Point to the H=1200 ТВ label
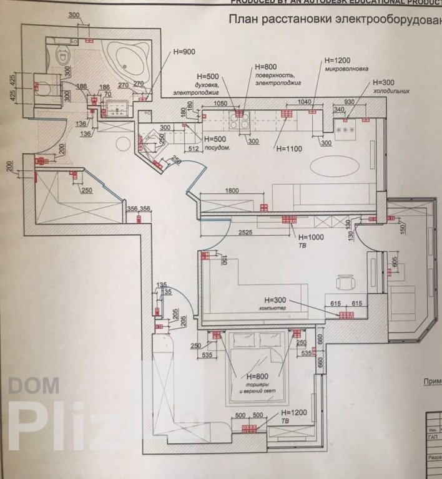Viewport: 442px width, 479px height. pyautogui.click(x=293, y=412)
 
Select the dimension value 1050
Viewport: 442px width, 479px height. pyautogui.click(x=220, y=104)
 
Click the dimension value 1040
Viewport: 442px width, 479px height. pyautogui.click(x=305, y=101)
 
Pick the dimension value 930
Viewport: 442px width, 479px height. pyautogui.click(x=350, y=101)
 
